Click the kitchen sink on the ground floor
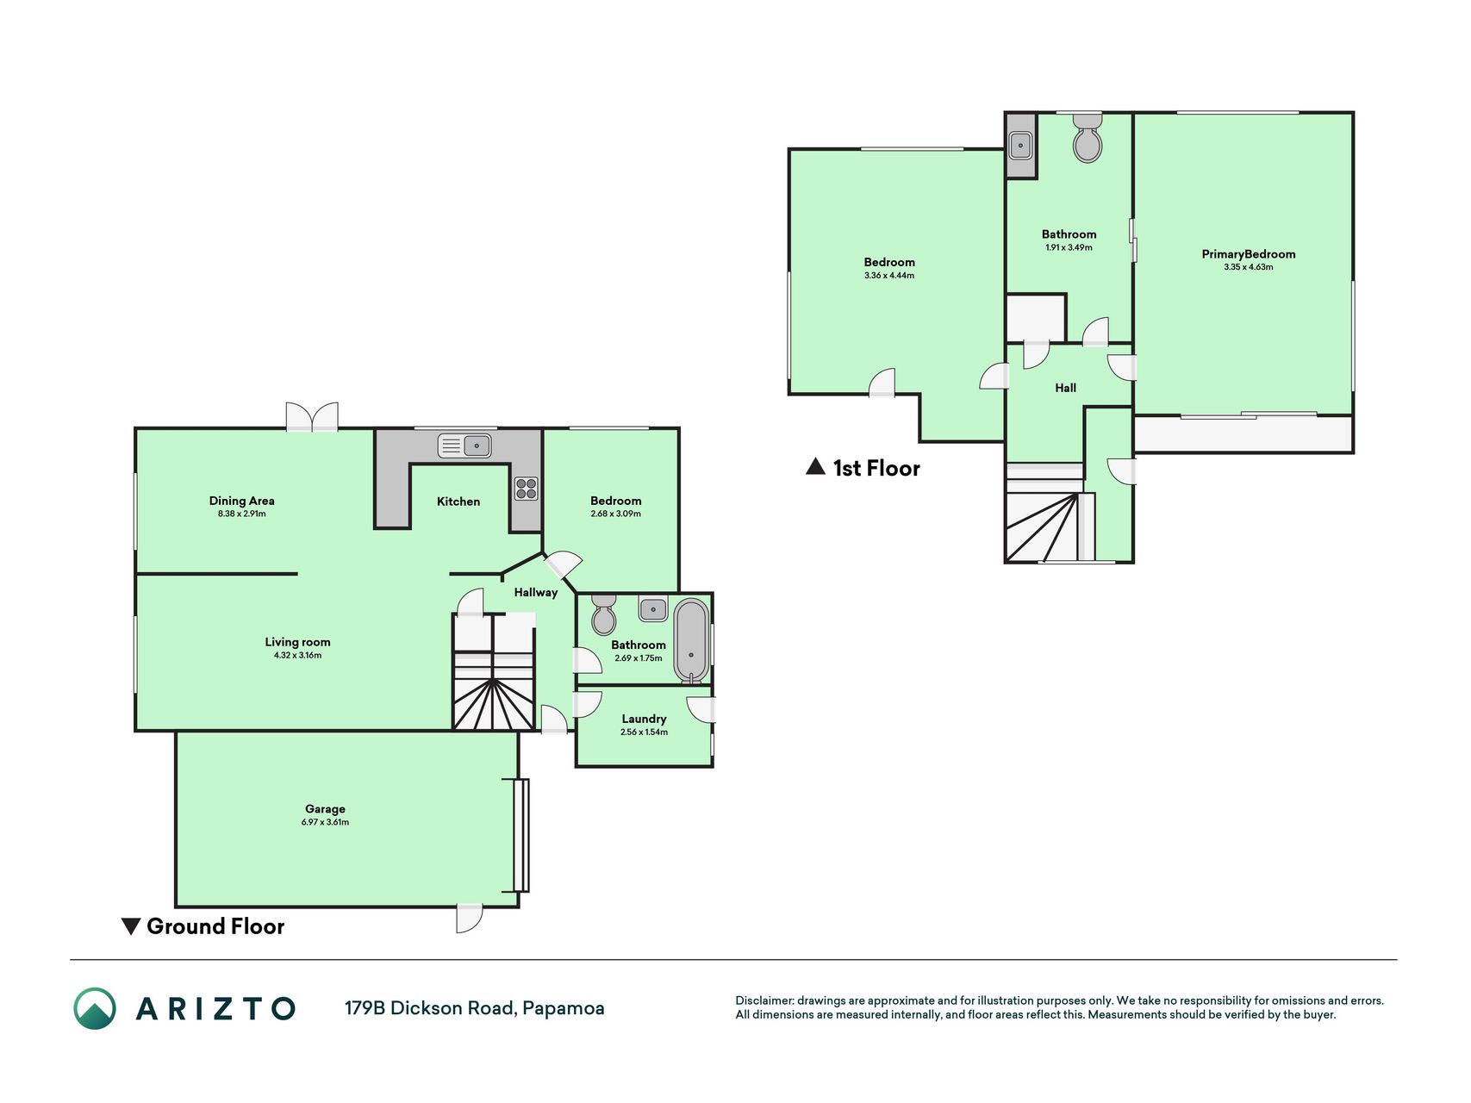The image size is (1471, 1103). [x=464, y=446]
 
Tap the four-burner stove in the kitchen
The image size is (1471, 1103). [x=527, y=489]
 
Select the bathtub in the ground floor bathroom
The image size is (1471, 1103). [x=691, y=640]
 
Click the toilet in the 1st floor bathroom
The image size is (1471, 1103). [x=1088, y=140]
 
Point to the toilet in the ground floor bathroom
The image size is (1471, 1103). [x=604, y=614]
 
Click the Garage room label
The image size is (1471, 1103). [x=325, y=809]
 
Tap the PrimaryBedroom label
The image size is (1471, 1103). [x=1249, y=254]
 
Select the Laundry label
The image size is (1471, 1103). [x=644, y=719]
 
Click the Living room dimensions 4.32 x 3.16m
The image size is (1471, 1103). [x=297, y=656]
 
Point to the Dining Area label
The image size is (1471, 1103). [x=241, y=501]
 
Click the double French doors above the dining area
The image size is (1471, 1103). [x=312, y=416]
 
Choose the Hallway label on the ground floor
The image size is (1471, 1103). [x=536, y=593]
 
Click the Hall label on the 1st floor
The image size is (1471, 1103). [x=1066, y=388]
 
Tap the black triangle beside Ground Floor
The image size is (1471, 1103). [x=131, y=926]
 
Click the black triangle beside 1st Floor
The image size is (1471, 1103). [x=815, y=466]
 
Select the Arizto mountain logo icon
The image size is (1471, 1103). [x=95, y=1008]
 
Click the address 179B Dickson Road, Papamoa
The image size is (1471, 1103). [x=474, y=1008]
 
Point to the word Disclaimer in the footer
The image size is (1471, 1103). [x=764, y=1000]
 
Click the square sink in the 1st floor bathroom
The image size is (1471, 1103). [x=1020, y=146]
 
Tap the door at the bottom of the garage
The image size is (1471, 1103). [x=470, y=918]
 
